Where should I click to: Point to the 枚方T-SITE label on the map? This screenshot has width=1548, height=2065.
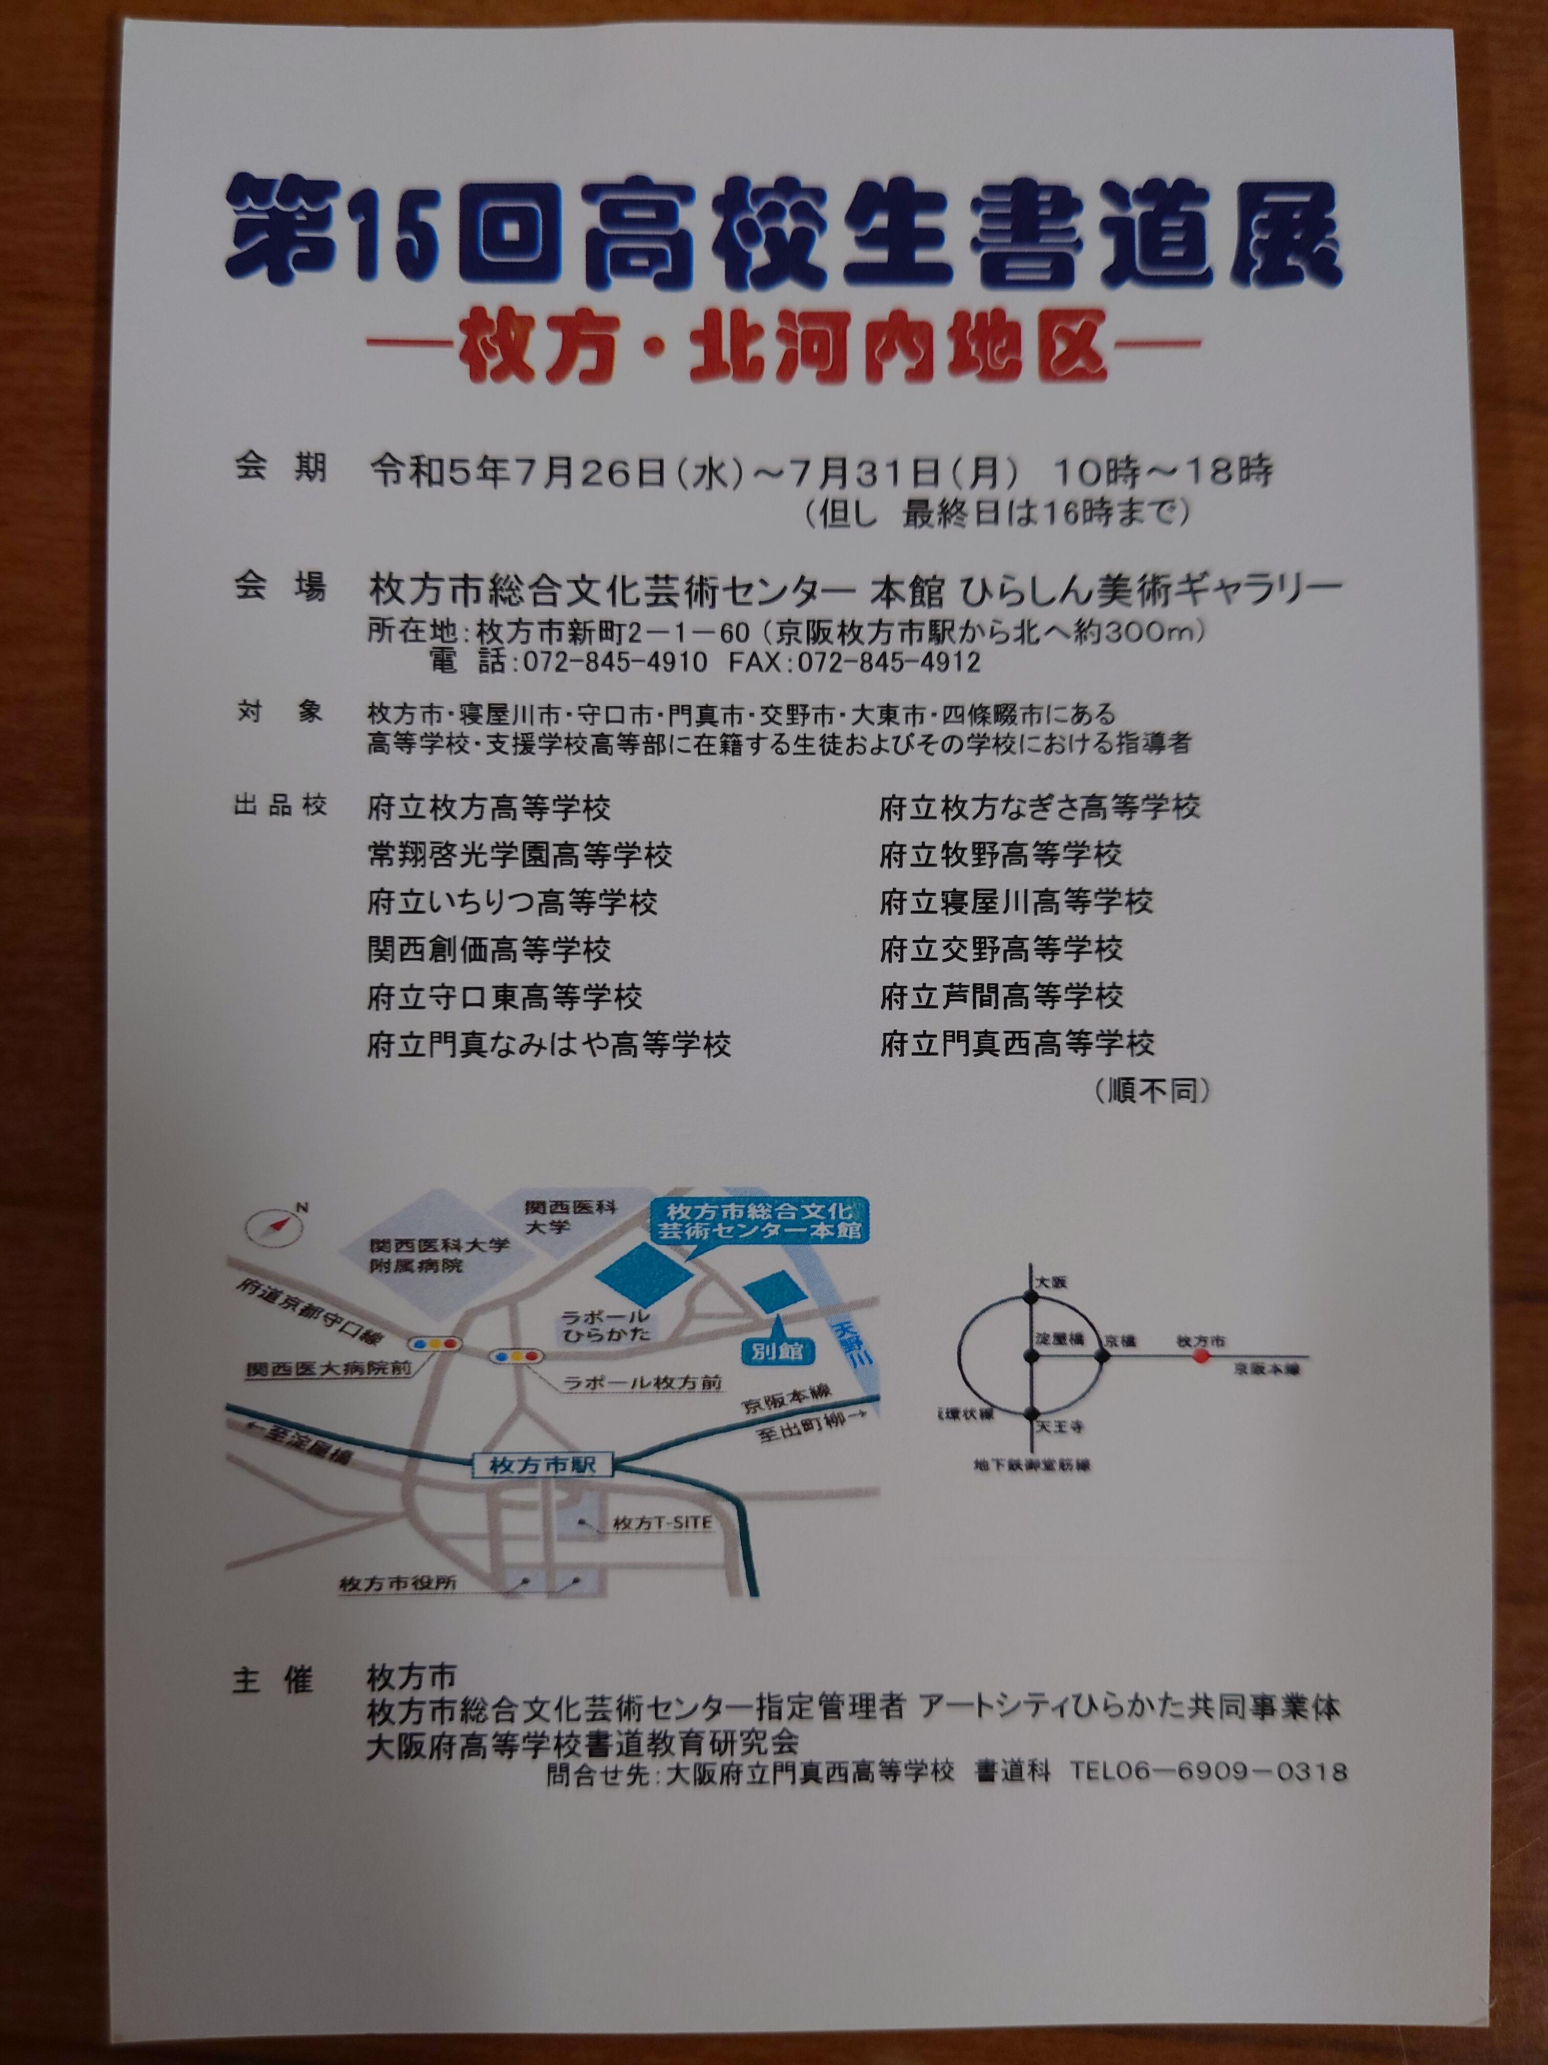pos(661,1524)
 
